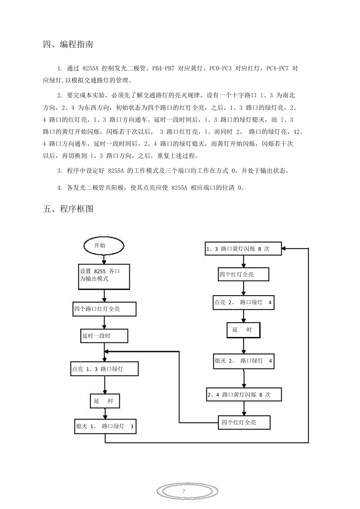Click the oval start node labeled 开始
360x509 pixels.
click(104, 246)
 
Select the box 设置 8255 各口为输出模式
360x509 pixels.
click(104, 276)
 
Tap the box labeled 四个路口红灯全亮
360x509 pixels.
click(104, 309)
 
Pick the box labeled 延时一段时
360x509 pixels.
click(104, 336)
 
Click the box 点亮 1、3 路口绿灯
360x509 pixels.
click(104, 369)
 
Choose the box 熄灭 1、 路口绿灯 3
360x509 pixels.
click(105, 426)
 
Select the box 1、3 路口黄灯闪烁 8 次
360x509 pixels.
click(243, 249)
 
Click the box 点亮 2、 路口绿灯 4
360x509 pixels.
click(244, 303)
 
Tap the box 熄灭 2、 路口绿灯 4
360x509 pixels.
click(244, 361)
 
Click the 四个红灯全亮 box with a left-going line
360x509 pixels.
click(244, 422)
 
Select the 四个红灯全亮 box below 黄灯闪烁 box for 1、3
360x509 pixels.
click(244, 274)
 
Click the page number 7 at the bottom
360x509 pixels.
click(184, 491)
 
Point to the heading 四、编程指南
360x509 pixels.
click(68, 44)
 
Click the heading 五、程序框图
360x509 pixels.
click(68, 208)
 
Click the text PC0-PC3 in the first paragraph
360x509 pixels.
click(220, 68)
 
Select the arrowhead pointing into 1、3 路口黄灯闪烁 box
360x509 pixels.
click(284, 248)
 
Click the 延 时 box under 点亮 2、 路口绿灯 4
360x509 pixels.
click(244, 330)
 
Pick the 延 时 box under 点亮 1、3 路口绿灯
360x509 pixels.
click(105, 401)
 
